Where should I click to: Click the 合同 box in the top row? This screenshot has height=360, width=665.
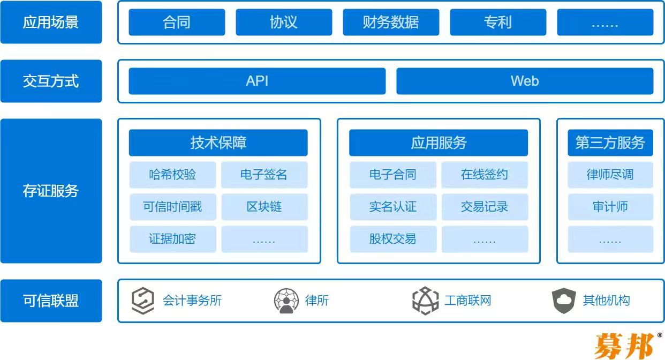click(x=177, y=22)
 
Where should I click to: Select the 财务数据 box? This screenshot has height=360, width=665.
click(x=391, y=22)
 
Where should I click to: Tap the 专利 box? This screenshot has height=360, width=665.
click(x=498, y=22)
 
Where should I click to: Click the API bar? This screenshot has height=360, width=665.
click(x=257, y=81)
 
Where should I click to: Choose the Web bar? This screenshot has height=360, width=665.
click(x=525, y=81)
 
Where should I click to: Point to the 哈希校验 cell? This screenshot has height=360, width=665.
click(x=172, y=175)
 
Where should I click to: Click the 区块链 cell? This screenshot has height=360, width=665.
click(x=265, y=207)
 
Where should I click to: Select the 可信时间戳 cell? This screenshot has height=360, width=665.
click(x=172, y=207)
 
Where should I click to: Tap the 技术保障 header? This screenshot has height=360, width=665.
click(x=218, y=143)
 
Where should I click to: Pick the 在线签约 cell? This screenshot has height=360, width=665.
click(x=485, y=175)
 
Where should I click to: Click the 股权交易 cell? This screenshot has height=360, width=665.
click(x=393, y=239)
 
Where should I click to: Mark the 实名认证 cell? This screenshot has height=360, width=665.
click(x=393, y=207)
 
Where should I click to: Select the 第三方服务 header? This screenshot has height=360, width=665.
click(x=610, y=143)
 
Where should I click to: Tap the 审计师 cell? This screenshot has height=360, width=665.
click(x=610, y=207)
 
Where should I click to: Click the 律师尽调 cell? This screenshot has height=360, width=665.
click(x=610, y=175)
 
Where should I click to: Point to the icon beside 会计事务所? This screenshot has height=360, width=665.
click(x=143, y=301)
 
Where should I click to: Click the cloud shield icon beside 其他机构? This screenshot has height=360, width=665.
click(x=564, y=301)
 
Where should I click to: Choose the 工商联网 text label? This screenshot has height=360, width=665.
click(x=467, y=301)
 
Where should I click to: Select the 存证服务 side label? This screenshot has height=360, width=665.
click(x=51, y=191)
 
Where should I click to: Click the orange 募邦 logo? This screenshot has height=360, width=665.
click(x=624, y=346)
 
